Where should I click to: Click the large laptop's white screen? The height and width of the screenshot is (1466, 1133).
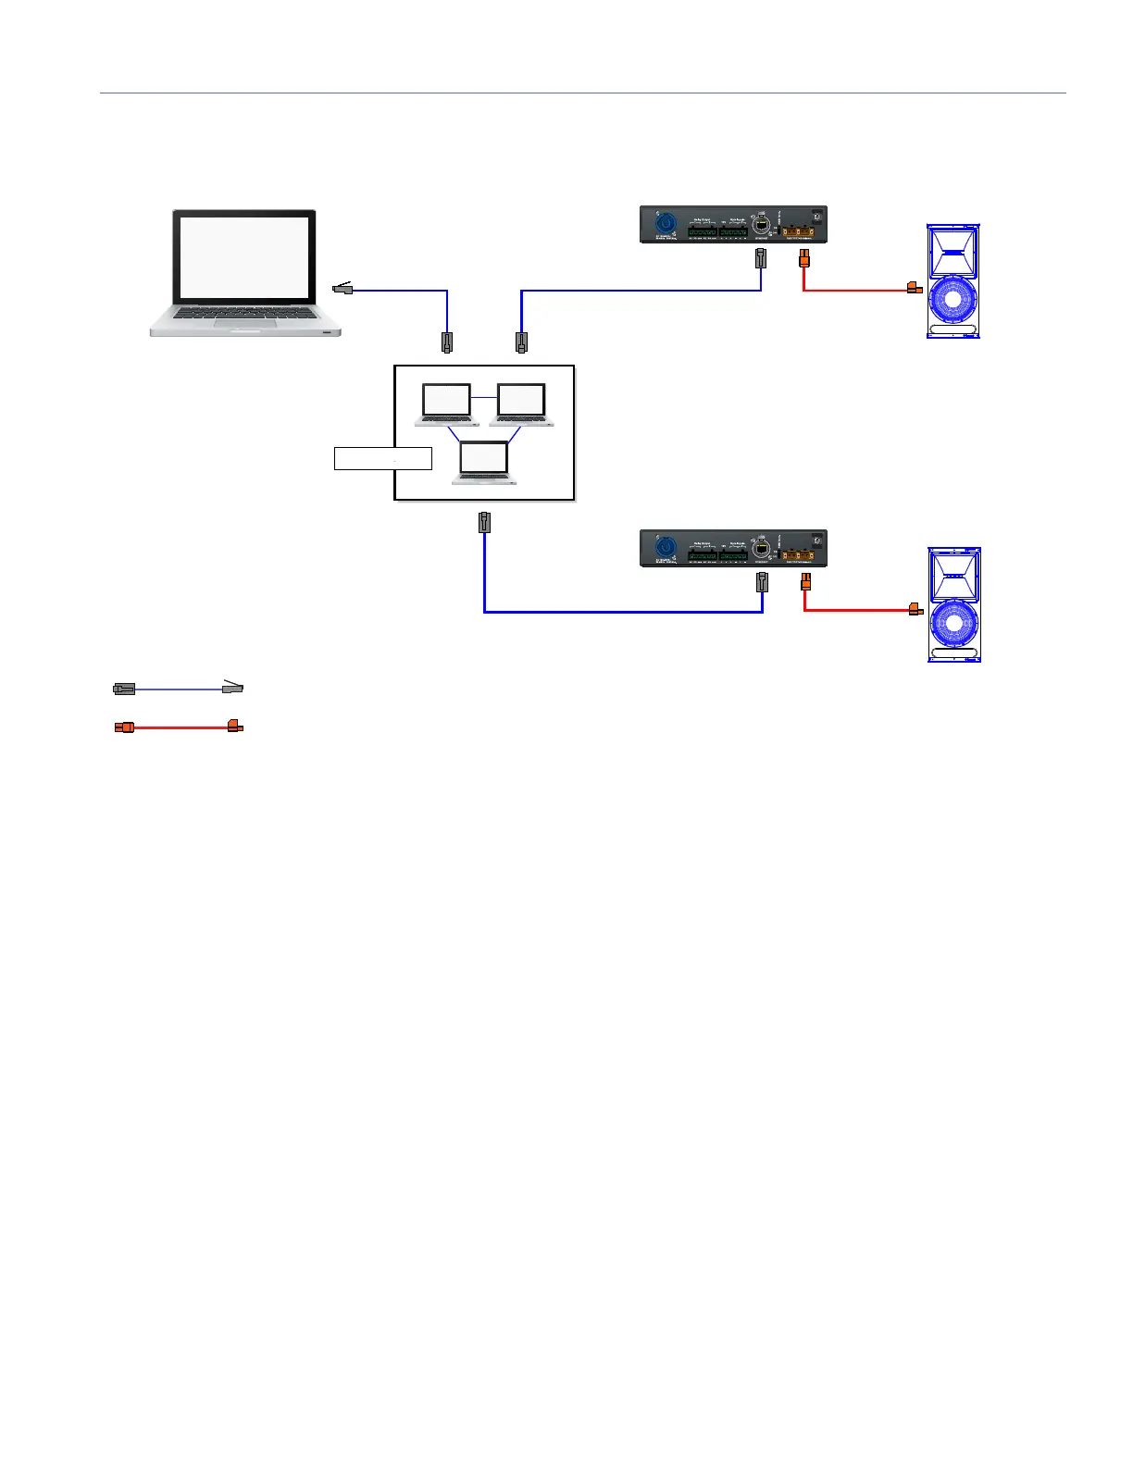(x=244, y=257)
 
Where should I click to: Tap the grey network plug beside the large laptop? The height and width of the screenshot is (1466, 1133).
(x=343, y=289)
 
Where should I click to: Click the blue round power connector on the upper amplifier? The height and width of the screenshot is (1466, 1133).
(x=664, y=223)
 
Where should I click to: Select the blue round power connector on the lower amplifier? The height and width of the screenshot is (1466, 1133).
(x=664, y=547)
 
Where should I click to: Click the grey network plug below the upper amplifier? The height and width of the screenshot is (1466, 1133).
(x=761, y=258)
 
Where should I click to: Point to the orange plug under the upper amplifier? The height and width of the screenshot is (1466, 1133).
(x=803, y=258)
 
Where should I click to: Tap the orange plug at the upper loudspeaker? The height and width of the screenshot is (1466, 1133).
(x=915, y=288)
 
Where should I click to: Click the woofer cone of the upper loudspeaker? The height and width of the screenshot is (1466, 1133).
(x=953, y=301)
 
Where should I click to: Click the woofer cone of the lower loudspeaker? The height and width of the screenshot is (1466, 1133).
(x=953, y=623)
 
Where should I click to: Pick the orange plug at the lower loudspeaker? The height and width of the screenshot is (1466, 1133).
(x=915, y=609)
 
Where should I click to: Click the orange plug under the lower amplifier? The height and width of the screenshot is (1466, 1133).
(x=804, y=581)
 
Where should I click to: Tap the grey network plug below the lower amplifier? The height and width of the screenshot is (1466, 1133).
(x=762, y=581)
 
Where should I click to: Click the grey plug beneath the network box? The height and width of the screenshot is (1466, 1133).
(x=484, y=522)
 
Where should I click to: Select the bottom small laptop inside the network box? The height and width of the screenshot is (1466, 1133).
(x=484, y=462)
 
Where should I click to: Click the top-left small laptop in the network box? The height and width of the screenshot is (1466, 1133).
(x=446, y=404)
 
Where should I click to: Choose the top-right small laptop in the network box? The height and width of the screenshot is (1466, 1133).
(x=521, y=404)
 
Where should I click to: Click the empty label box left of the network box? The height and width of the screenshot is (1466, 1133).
(x=382, y=458)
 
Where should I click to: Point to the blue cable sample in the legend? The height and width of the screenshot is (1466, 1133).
(x=179, y=689)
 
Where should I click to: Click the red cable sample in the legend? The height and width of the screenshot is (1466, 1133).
(x=179, y=727)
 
